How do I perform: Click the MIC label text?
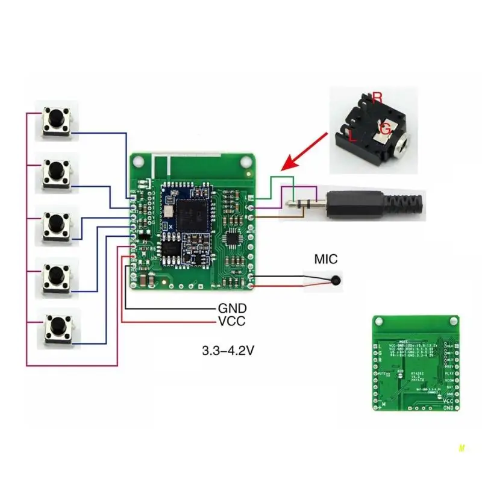click(x=326, y=260)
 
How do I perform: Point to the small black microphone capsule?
click(x=334, y=281)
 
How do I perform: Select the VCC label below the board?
click(x=231, y=321)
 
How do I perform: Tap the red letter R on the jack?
click(x=377, y=96)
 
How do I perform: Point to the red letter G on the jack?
click(x=386, y=128)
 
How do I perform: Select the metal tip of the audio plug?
click(x=293, y=201)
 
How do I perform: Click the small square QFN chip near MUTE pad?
click(x=233, y=239)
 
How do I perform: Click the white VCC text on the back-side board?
click(x=448, y=400)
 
